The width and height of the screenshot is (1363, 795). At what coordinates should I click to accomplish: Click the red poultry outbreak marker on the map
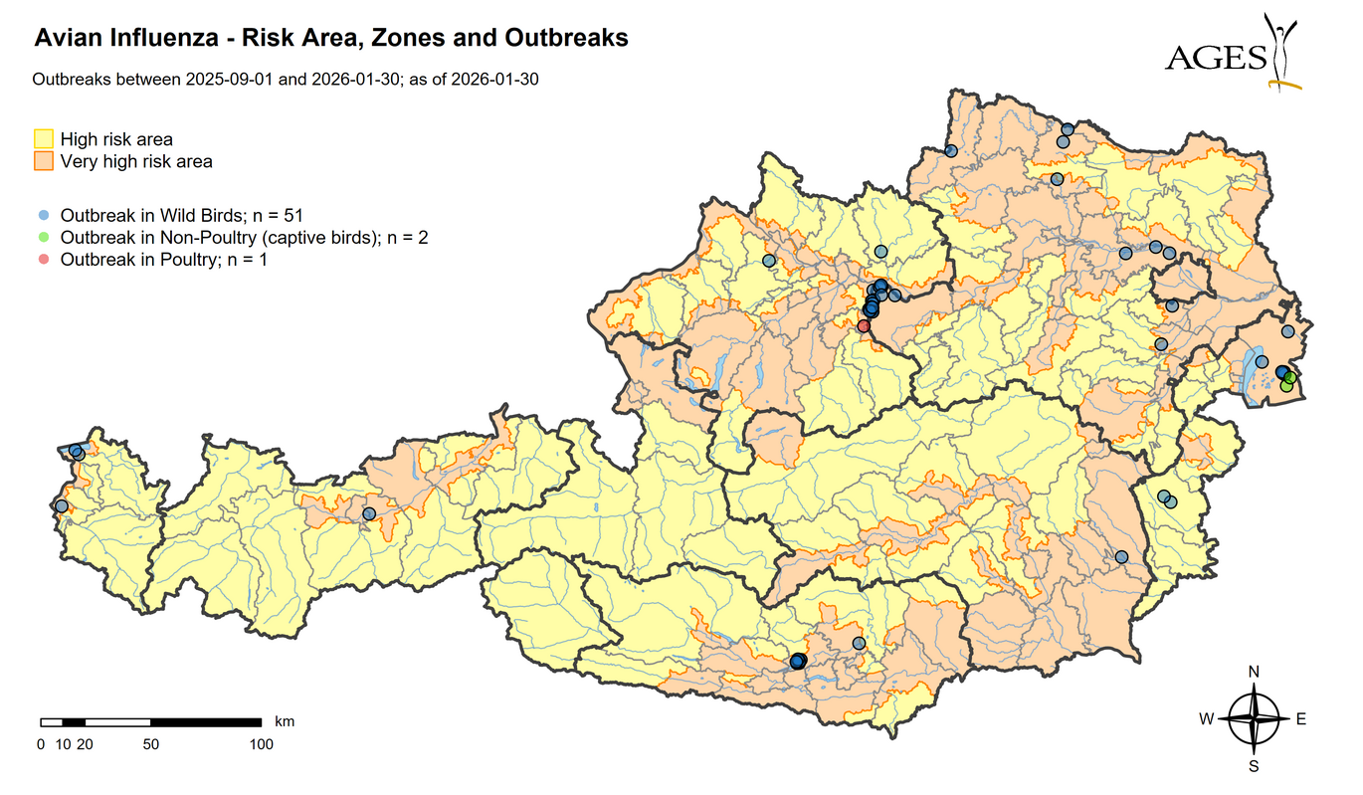tap(864, 325)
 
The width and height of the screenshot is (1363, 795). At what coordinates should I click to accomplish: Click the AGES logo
tap(1233, 52)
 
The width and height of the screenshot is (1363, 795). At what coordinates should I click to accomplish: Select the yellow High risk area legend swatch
tap(44, 139)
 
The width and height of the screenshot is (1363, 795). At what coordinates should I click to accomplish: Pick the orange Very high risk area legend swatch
tap(44, 161)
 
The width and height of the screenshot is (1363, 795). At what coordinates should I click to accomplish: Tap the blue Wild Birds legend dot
tap(43, 215)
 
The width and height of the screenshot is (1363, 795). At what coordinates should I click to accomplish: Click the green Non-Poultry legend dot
tap(43, 238)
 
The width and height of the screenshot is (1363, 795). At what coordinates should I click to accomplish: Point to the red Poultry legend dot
tap(43, 260)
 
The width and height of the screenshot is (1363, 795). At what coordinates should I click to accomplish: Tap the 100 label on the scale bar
tap(261, 744)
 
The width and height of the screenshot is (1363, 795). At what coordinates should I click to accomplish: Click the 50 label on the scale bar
tap(150, 744)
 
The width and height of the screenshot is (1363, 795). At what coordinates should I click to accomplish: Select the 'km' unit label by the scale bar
tap(285, 721)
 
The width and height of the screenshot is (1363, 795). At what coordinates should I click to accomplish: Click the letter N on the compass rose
tap(1254, 672)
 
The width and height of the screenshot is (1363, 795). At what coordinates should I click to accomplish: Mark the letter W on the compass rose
tap(1206, 719)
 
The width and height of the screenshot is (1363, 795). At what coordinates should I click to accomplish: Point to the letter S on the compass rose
tap(1254, 766)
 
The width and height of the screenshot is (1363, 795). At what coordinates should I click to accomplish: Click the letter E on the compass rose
tap(1300, 719)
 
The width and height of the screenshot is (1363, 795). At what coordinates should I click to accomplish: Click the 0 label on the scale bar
tap(41, 744)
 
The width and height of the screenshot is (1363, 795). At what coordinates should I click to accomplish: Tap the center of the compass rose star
tap(1254, 719)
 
